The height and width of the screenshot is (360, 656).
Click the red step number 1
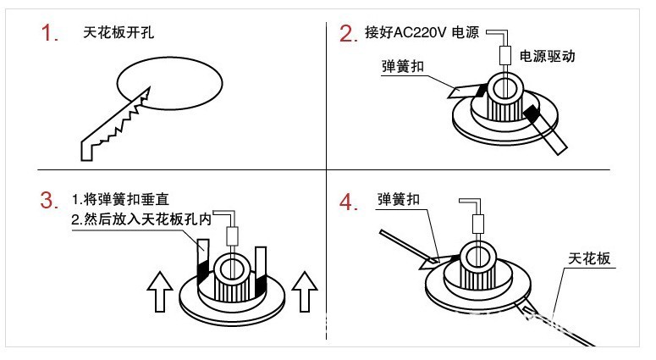pos(49,36)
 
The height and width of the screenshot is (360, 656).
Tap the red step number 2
pos(347,35)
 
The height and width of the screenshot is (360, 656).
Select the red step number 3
pos(49,202)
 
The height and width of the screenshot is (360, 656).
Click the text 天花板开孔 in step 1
pos(119,35)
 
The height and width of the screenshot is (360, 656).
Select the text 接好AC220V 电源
pos(422,35)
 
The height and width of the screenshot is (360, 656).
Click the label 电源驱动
pos(547,57)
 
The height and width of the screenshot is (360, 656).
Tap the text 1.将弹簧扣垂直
pos(121,200)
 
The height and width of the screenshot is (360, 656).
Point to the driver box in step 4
pos(477,224)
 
